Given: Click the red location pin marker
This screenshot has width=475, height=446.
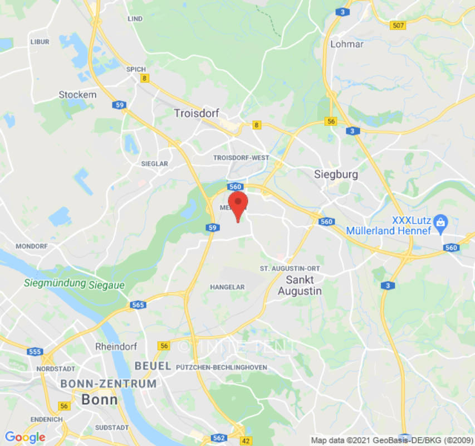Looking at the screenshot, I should click(x=238, y=204).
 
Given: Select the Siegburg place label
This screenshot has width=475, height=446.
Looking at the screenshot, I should click(x=336, y=174).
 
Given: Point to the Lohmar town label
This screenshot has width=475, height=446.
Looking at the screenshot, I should click(x=346, y=44).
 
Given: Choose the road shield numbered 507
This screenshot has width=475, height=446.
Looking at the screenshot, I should click(x=398, y=25).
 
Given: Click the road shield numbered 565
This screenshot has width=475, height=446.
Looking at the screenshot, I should click(x=138, y=305).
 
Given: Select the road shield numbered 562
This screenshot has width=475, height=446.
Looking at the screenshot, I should click(x=219, y=438).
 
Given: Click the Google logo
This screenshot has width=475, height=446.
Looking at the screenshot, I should click(x=25, y=437).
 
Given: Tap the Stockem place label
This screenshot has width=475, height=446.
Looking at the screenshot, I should click(x=77, y=95).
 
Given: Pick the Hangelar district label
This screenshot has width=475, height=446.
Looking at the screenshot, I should click(x=227, y=287).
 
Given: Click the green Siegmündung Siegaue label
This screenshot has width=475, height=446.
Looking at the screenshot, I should click(x=75, y=284).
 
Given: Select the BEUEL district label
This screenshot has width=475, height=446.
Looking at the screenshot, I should click(x=153, y=366).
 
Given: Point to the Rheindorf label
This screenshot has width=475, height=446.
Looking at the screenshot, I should click(x=116, y=346).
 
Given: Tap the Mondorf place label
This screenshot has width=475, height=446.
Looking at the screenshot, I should click(x=32, y=246).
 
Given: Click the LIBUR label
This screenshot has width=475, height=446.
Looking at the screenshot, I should click(x=40, y=42).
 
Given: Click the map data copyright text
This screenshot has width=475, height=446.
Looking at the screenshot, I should click(x=390, y=440).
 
